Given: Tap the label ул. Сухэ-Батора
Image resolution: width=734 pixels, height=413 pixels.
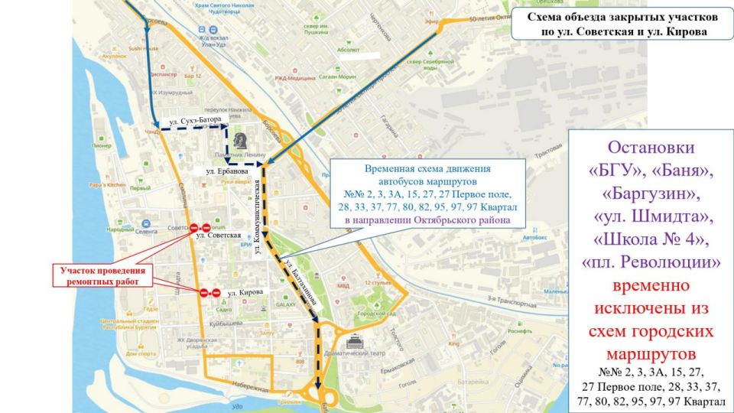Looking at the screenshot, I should pyautogui.click(x=196, y=121).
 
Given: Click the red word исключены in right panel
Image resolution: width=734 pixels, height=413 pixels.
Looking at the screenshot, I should pyautogui.click(x=652, y=309).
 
